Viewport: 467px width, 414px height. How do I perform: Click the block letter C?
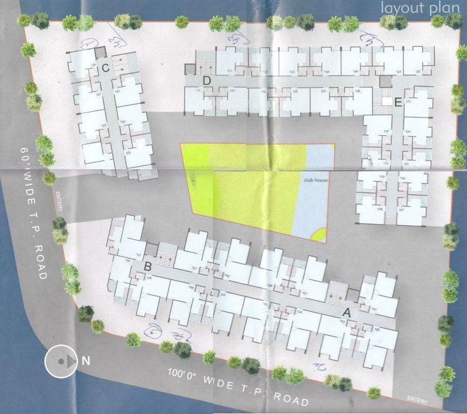pyautogui.click(x=106, y=68)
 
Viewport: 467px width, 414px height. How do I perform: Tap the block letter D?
pyautogui.click(x=207, y=81)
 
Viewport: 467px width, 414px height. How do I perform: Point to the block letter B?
pyautogui.click(x=147, y=266)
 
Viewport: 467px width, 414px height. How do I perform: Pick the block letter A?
pyautogui.click(x=347, y=312)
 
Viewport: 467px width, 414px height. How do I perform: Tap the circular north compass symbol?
pyautogui.click(x=61, y=361)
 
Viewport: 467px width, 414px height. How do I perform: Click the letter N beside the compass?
pyautogui.click(x=85, y=361)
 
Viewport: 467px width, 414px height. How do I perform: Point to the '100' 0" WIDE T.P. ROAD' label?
pyautogui.click(x=238, y=387)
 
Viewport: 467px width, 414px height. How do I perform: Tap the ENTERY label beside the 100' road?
pyautogui.click(x=417, y=400)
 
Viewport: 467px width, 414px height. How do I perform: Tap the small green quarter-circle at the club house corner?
pyautogui.click(x=320, y=235)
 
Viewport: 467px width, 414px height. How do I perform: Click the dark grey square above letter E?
pyautogui.click(x=385, y=81)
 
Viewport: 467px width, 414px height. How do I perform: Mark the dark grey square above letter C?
pyautogui.click(x=101, y=53)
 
